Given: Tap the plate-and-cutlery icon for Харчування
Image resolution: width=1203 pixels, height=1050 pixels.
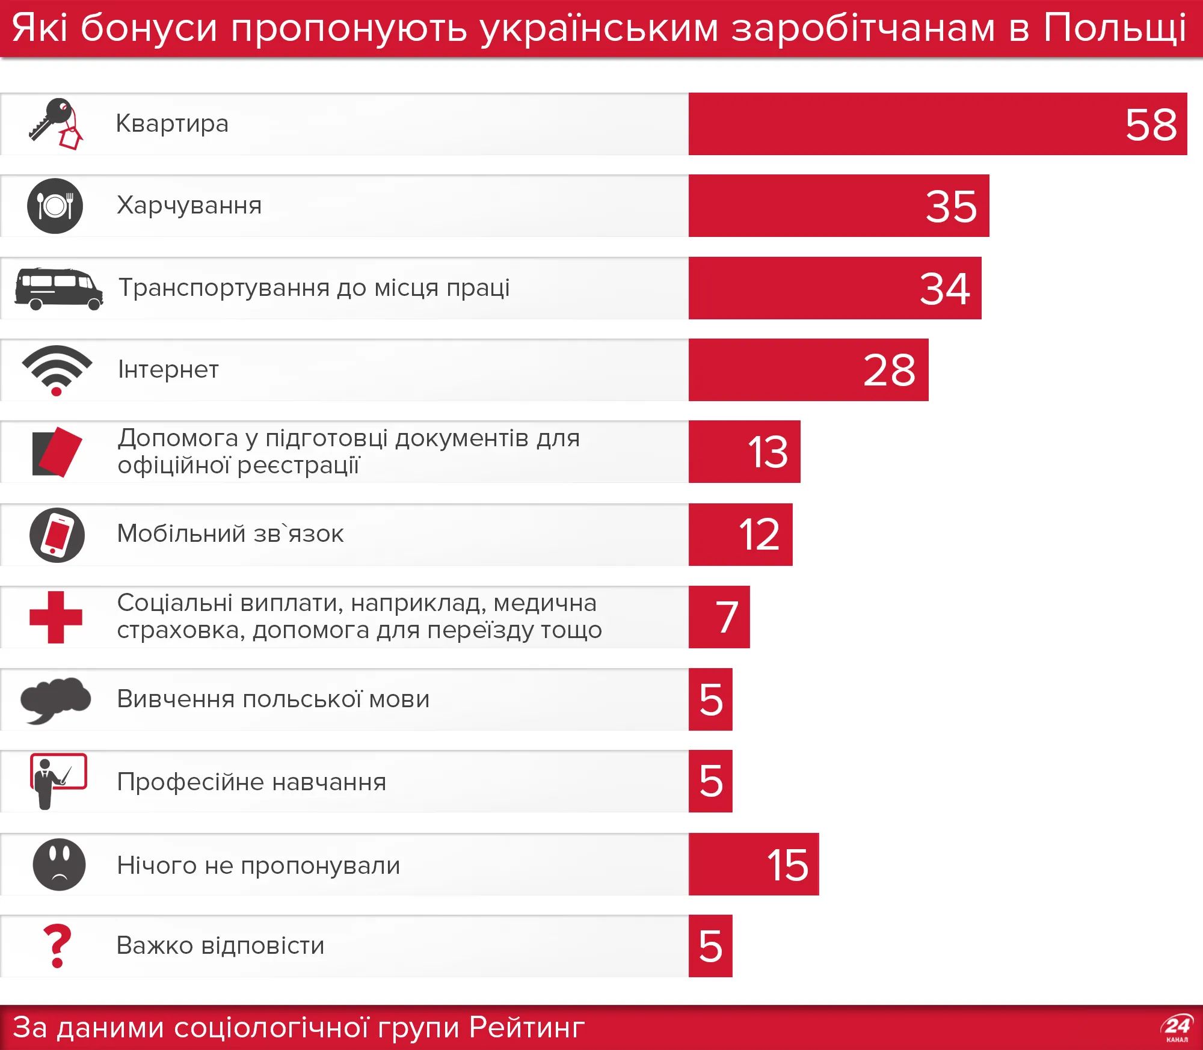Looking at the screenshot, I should [55, 206].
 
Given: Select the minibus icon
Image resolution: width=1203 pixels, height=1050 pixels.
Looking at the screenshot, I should [58, 289].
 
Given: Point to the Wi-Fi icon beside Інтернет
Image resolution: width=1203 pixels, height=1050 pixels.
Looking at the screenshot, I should [57, 369].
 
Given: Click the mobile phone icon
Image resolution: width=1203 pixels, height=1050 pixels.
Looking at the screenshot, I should [57, 535].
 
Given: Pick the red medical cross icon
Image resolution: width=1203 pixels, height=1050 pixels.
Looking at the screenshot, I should [56, 617].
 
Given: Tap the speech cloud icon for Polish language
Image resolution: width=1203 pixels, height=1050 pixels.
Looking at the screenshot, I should [55, 699].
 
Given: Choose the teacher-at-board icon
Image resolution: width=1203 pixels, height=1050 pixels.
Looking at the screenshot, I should [58, 781].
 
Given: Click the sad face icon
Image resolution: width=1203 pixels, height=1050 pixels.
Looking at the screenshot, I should [59, 864].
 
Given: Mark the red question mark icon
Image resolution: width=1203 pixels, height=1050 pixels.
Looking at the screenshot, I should [57, 946].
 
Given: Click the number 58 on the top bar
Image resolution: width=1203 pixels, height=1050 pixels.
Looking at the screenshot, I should [1151, 125].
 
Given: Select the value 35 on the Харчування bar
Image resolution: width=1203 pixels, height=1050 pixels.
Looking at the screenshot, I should [951, 207].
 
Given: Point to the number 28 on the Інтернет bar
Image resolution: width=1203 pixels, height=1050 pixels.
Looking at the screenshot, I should [889, 370].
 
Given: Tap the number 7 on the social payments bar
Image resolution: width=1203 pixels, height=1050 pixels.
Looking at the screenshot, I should [727, 618].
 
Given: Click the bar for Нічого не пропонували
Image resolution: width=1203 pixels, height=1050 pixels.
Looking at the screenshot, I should [753, 864].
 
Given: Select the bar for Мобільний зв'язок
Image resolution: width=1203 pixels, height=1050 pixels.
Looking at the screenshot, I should [740, 535].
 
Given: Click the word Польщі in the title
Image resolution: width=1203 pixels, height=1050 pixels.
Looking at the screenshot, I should [1115, 28].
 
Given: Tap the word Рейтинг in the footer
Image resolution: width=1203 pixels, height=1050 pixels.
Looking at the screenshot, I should [526, 1027].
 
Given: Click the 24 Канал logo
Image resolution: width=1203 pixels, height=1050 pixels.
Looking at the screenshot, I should [1177, 1028].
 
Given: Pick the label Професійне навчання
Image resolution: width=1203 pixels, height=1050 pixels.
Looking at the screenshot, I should [251, 782].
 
